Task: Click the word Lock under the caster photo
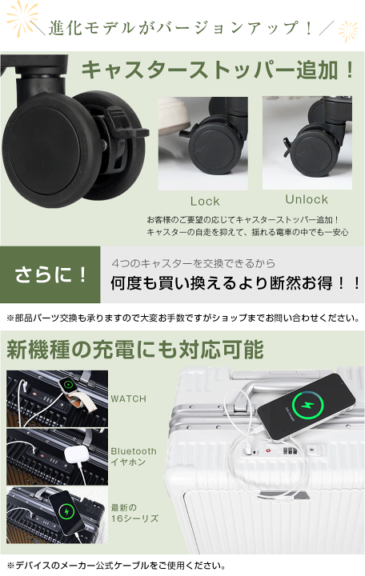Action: [x=205, y=202]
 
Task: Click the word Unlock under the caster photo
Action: [x=307, y=199]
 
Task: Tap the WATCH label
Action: [x=128, y=398]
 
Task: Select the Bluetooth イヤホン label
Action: [x=134, y=457]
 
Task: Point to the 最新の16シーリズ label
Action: [x=134, y=513]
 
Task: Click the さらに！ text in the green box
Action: [x=50, y=274]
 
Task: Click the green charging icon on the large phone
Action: [x=308, y=405]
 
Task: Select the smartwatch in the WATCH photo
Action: [x=68, y=385]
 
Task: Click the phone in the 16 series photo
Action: [x=66, y=512]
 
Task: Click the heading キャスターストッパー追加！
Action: [x=218, y=70]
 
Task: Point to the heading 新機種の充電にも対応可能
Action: [x=135, y=350]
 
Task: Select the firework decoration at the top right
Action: [x=347, y=30]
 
